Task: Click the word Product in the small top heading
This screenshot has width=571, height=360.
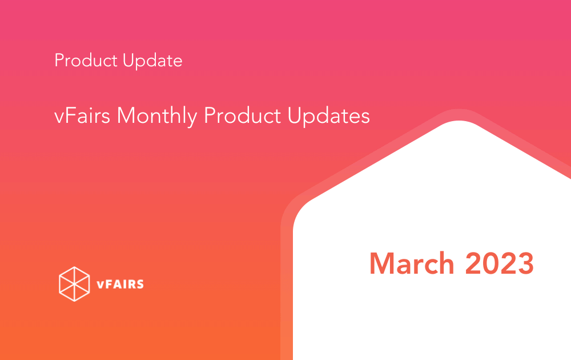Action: point(86,60)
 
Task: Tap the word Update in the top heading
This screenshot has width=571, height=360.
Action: point(152,61)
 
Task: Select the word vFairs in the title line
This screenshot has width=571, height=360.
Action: point(82,115)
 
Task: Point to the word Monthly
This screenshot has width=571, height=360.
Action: point(157,117)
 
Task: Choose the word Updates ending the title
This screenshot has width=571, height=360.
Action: point(328,117)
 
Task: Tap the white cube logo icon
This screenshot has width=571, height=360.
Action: point(74,284)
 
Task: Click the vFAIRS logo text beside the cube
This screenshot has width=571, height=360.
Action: point(120,284)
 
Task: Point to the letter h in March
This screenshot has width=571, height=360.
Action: point(446,263)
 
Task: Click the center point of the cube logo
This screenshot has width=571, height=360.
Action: point(74,284)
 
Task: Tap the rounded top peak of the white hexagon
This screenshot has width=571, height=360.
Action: point(460,121)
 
